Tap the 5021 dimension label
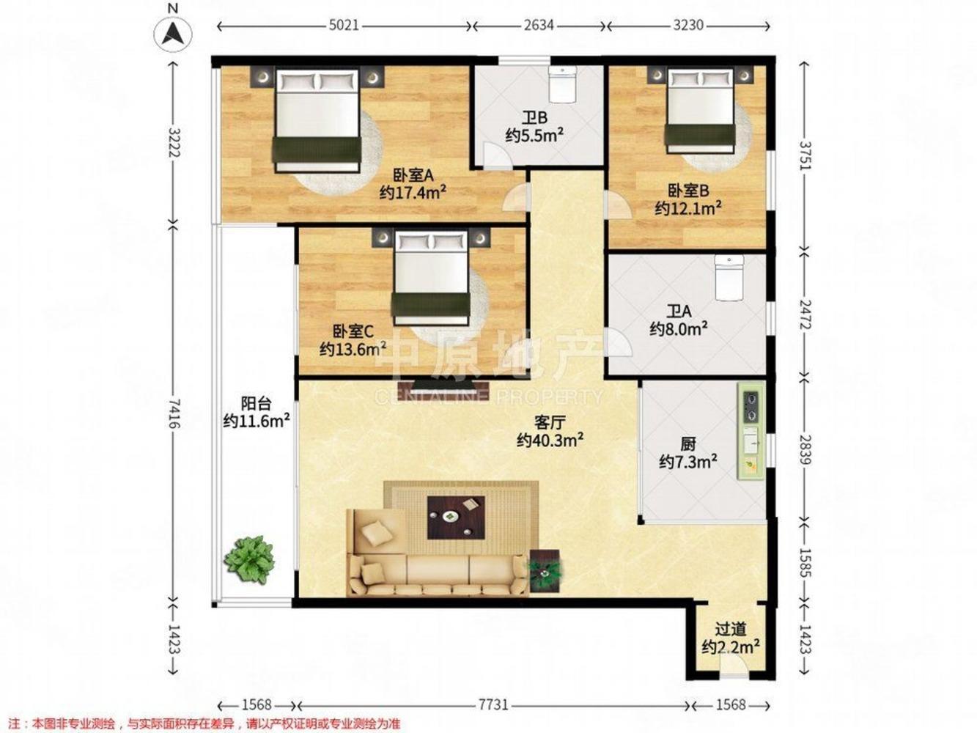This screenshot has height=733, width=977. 344,26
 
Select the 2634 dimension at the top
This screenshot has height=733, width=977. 538,26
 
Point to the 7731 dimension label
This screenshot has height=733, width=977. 493,705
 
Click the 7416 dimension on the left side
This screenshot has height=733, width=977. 174,413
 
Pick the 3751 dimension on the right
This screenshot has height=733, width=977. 805,155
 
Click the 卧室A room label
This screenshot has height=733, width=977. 413,176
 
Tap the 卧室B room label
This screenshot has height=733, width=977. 688,191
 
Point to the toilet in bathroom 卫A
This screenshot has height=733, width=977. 729,277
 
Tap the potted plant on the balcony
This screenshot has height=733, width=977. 249,559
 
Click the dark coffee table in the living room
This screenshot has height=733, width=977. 456,517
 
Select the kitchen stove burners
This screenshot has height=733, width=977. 751,406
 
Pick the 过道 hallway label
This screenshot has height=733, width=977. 730,630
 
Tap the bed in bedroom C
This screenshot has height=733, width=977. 431,278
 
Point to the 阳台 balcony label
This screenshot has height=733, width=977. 256,404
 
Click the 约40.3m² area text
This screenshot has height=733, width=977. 550,441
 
